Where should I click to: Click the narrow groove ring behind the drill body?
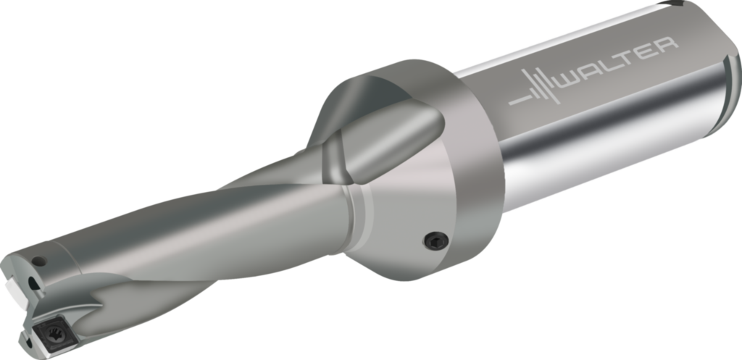coord(355,214)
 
